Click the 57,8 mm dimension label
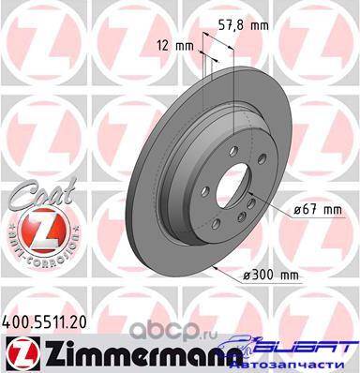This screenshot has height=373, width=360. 243,25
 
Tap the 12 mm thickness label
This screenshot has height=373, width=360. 175,46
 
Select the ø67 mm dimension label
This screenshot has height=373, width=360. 318,210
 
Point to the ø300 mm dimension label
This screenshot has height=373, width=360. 271,276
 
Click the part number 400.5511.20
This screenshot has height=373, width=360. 43,322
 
